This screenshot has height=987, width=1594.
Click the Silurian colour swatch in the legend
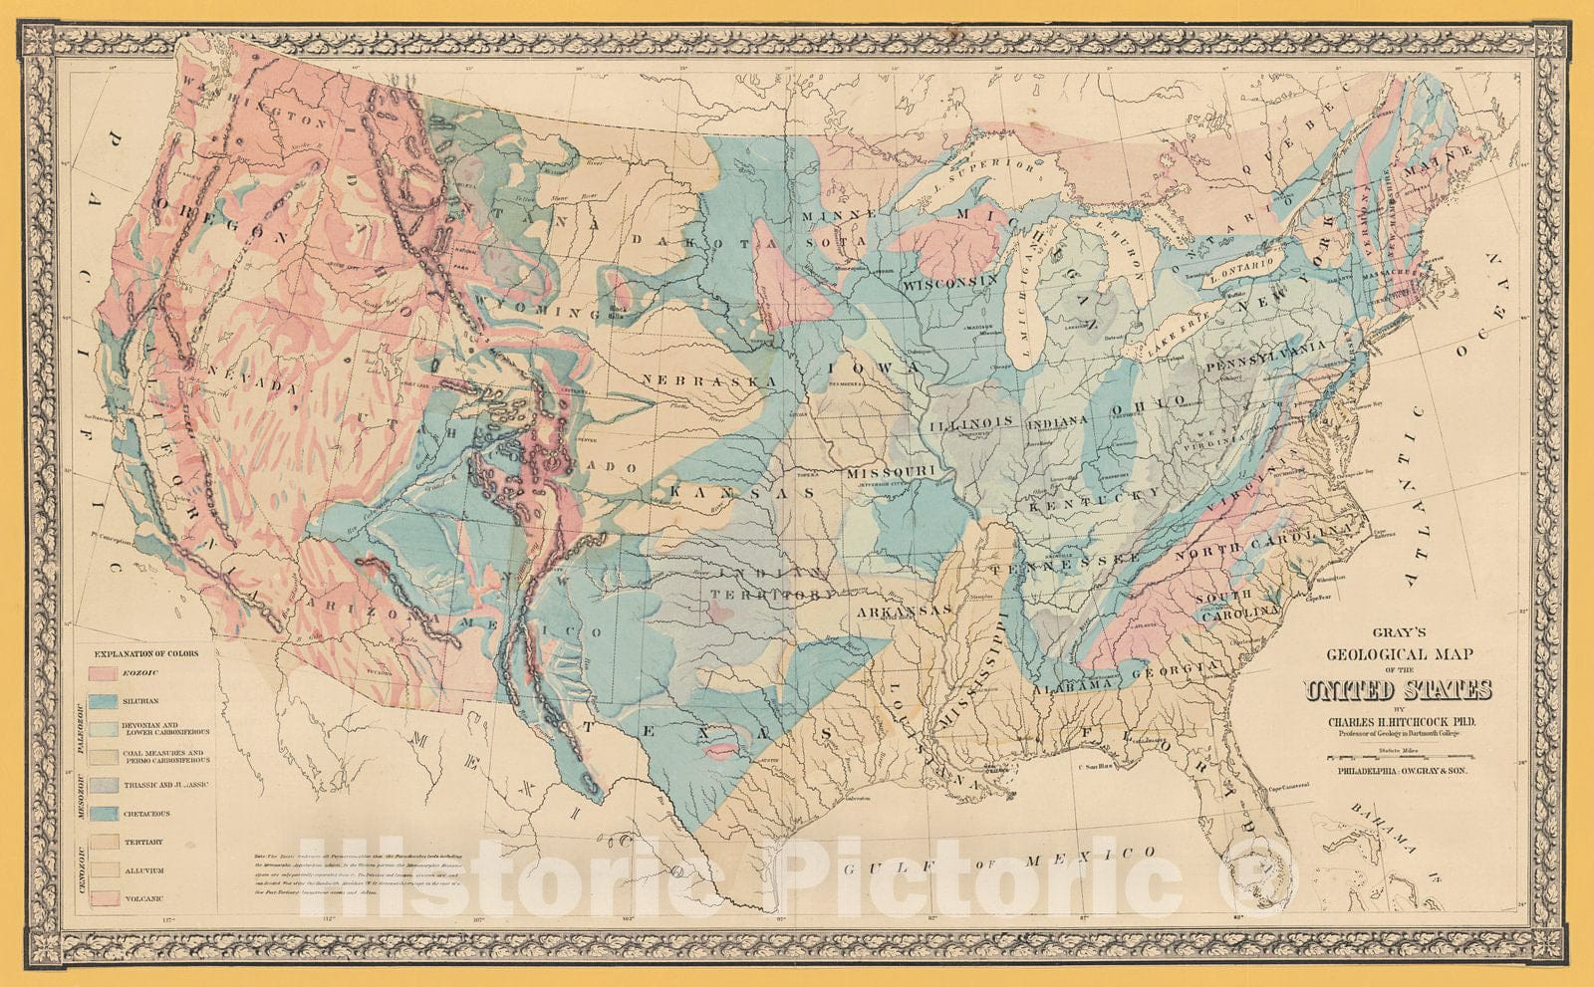(105, 701)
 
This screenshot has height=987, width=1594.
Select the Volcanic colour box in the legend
(105, 897)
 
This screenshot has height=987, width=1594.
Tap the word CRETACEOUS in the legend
(146, 814)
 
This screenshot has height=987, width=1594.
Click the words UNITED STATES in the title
(1399, 690)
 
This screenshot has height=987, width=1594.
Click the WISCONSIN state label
(951, 284)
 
